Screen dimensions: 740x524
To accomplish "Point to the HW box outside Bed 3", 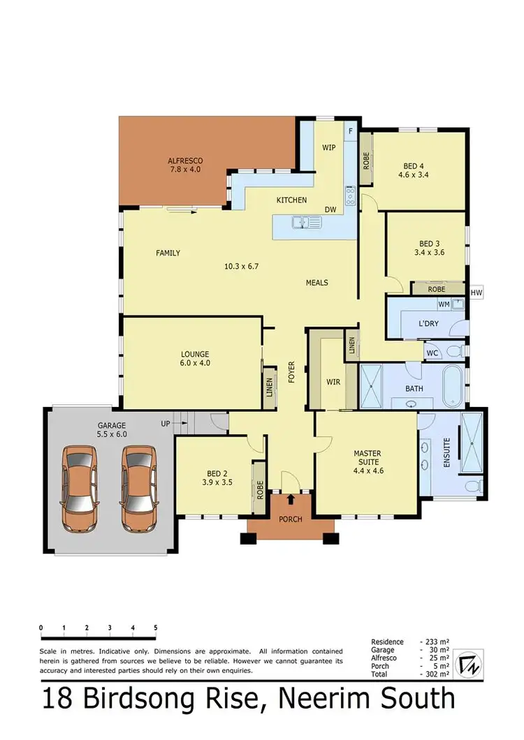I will click(477, 293).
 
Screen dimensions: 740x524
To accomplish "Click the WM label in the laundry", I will click(442, 304).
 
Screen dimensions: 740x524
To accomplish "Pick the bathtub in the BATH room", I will click(454, 385).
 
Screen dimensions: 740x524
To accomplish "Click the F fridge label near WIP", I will click(351, 131).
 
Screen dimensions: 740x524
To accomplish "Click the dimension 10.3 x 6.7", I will click(242, 266).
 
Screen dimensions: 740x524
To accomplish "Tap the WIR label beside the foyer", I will click(333, 383).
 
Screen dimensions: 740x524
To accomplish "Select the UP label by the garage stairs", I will click(166, 423).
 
